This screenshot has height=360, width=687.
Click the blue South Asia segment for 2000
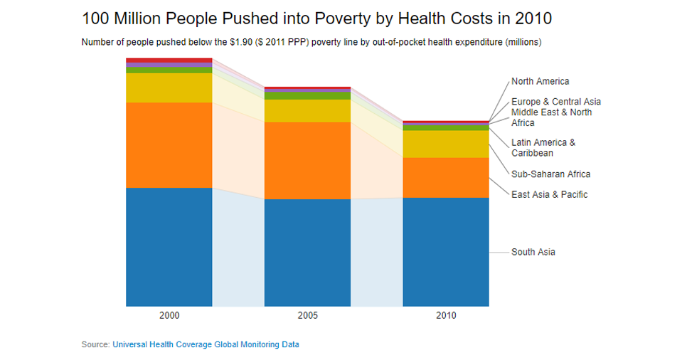tap(169, 247)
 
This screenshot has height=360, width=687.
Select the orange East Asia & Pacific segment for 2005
tap(307, 160)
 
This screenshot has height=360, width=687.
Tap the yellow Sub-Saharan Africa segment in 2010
tap(446, 144)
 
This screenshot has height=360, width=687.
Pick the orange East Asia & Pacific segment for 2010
tap(446, 177)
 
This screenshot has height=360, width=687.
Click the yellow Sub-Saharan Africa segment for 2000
tap(169, 88)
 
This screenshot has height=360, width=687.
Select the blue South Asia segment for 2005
tap(307, 253)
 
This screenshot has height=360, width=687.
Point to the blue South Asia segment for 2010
tap(446, 252)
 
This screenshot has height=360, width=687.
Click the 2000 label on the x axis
tap(169, 315)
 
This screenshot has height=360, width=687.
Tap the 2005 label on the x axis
tap(307, 315)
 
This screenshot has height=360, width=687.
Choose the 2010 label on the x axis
tap(446, 315)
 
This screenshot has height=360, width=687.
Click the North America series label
tap(540, 82)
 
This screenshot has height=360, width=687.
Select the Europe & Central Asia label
tap(555, 102)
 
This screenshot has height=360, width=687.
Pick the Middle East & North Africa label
tap(551, 117)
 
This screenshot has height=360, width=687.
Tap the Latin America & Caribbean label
tap(543, 148)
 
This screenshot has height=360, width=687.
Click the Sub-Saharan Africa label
tap(550, 174)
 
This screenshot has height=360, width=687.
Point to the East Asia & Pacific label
tap(549, 195)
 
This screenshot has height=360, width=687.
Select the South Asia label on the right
tap(533, 253)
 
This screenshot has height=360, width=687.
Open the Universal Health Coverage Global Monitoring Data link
tap(206, 344)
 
